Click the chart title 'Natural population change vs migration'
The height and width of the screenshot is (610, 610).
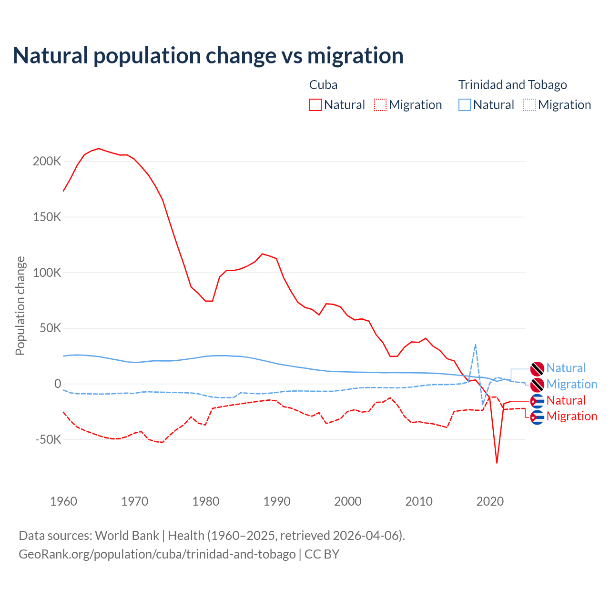click(x=208, y=56)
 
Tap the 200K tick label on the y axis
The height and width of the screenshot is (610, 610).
click(x=47, y=162)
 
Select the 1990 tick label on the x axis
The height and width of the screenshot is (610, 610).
click(x=277, y=501)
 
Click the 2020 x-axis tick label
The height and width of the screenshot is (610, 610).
click(x=490, y=501)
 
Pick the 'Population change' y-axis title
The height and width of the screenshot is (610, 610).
click(x=20, y=305)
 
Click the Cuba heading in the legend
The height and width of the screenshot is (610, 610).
click(x=323, y=85)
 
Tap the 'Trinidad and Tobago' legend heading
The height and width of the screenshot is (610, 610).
click(x=512, y=85)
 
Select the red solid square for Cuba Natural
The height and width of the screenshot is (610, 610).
click(x=315, y=105)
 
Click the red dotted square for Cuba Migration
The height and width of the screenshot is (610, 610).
click(x=380, y=105)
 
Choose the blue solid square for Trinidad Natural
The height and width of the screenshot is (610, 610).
click(x=465, y=105)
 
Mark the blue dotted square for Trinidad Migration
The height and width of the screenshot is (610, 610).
click(x=529, y=105)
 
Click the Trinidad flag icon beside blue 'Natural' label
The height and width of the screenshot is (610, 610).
click(x=537, y=368)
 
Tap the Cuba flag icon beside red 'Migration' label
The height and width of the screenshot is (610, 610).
click(x=537, y=417)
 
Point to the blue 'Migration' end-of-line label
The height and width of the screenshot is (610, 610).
click(x=571, y=384)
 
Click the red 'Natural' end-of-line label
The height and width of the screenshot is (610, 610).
click(x=566, y=400)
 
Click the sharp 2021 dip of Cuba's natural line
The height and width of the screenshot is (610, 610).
click(x=497, y=462)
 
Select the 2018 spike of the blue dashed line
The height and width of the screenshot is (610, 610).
click(x=476, y=345)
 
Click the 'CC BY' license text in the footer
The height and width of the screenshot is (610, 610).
click(x=322, y=554)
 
